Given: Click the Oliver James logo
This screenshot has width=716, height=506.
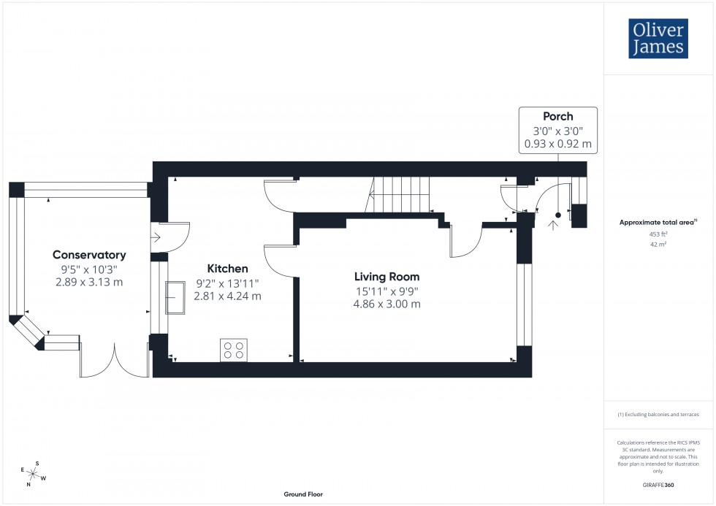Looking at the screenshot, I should tap(658, 39).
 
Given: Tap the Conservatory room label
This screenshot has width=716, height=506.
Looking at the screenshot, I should tap(89, 255).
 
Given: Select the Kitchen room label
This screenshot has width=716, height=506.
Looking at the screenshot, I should tap(227, 269).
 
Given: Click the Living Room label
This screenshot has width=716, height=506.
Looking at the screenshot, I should tap(386, 277).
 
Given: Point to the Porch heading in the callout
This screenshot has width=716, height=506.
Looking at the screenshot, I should tap(557, 116).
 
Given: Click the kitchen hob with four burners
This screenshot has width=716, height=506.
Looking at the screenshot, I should tap(234, 350).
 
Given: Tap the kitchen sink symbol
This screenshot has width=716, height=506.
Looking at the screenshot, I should tap(175, 298).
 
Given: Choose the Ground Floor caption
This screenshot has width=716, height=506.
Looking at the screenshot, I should tap(303, 494).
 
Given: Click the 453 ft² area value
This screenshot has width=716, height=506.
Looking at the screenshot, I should tap(659, 234).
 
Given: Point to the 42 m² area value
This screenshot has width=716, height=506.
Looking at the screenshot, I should tap(659, 245).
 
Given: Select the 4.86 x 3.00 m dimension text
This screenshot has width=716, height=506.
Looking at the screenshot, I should tap(386, 304).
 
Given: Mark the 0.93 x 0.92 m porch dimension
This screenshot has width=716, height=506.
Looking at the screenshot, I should tap(557, 144).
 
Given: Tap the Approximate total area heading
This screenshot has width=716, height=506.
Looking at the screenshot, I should tap(658, 222).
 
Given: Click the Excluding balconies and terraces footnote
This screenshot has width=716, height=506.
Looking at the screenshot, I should tap(659, 414).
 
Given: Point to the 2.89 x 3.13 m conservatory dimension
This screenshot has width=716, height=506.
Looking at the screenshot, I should tap(89, 282).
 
